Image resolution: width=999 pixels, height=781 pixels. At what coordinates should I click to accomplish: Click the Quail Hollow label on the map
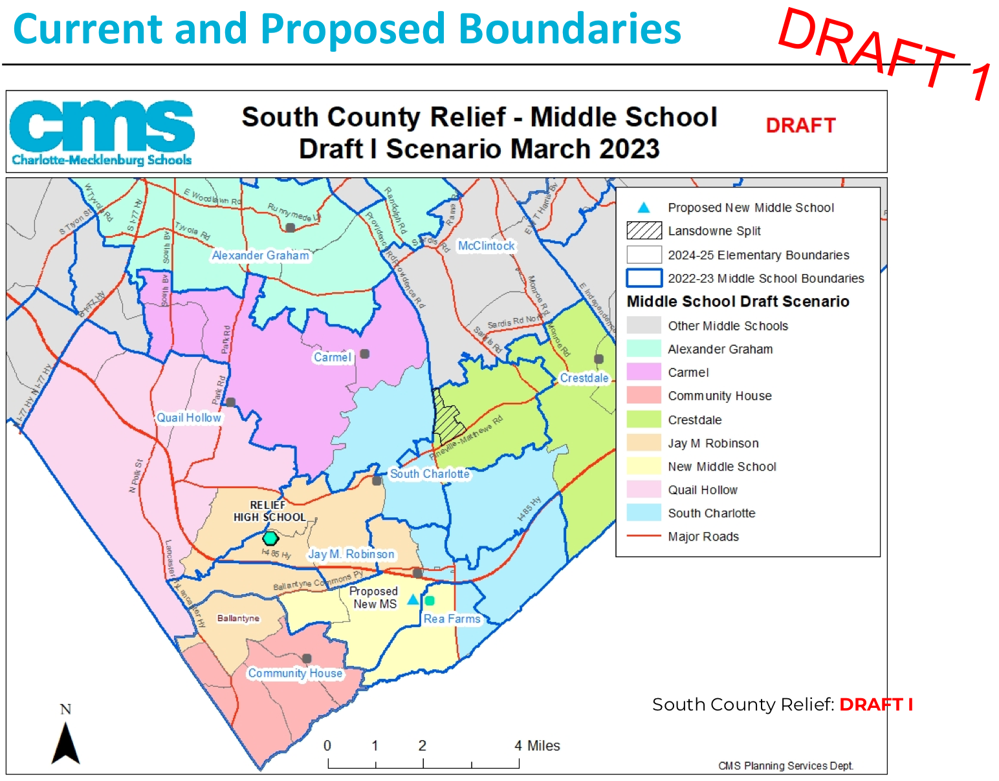[x=189, y=418]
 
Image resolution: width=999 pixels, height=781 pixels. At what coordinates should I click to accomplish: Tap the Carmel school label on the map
[x=332, y=357]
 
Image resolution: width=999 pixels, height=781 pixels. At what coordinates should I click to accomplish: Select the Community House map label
[x=295, y=673]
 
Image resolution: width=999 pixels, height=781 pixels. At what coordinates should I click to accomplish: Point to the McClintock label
[x=487, y=246]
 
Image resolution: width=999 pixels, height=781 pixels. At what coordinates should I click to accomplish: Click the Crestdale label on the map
[x=584, y=378]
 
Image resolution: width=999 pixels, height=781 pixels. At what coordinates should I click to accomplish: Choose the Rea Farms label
[x=452, y=619]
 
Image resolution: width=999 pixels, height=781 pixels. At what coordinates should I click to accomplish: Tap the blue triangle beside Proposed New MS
[x=413, y=599]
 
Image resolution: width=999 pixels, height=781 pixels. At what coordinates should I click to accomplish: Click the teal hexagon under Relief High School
[x=270, y=538]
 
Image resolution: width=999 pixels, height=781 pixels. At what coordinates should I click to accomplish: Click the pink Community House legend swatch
[x=644, y=395]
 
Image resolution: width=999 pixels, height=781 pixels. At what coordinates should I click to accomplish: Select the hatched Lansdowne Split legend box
[x=644, y=231]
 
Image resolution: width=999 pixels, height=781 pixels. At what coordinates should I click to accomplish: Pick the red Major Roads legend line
[x=644, y=536]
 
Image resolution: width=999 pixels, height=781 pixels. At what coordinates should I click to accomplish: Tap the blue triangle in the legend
[x=644, y=208]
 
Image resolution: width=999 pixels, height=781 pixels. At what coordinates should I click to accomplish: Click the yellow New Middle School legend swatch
[x=644, y=466]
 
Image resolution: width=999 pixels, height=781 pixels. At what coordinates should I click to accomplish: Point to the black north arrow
[x=65, y=744]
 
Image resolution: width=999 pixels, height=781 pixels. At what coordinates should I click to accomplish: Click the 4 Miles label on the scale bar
[x=537, y=745]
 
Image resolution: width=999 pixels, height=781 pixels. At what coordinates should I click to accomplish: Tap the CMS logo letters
[x=102, y=126]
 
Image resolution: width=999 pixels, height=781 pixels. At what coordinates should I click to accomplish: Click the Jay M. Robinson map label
[x=351, y=554]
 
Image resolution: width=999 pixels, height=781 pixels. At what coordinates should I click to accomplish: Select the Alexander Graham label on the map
[x=260, y=255]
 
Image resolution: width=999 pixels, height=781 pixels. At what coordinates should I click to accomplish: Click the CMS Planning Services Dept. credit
[x=785, y=765]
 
